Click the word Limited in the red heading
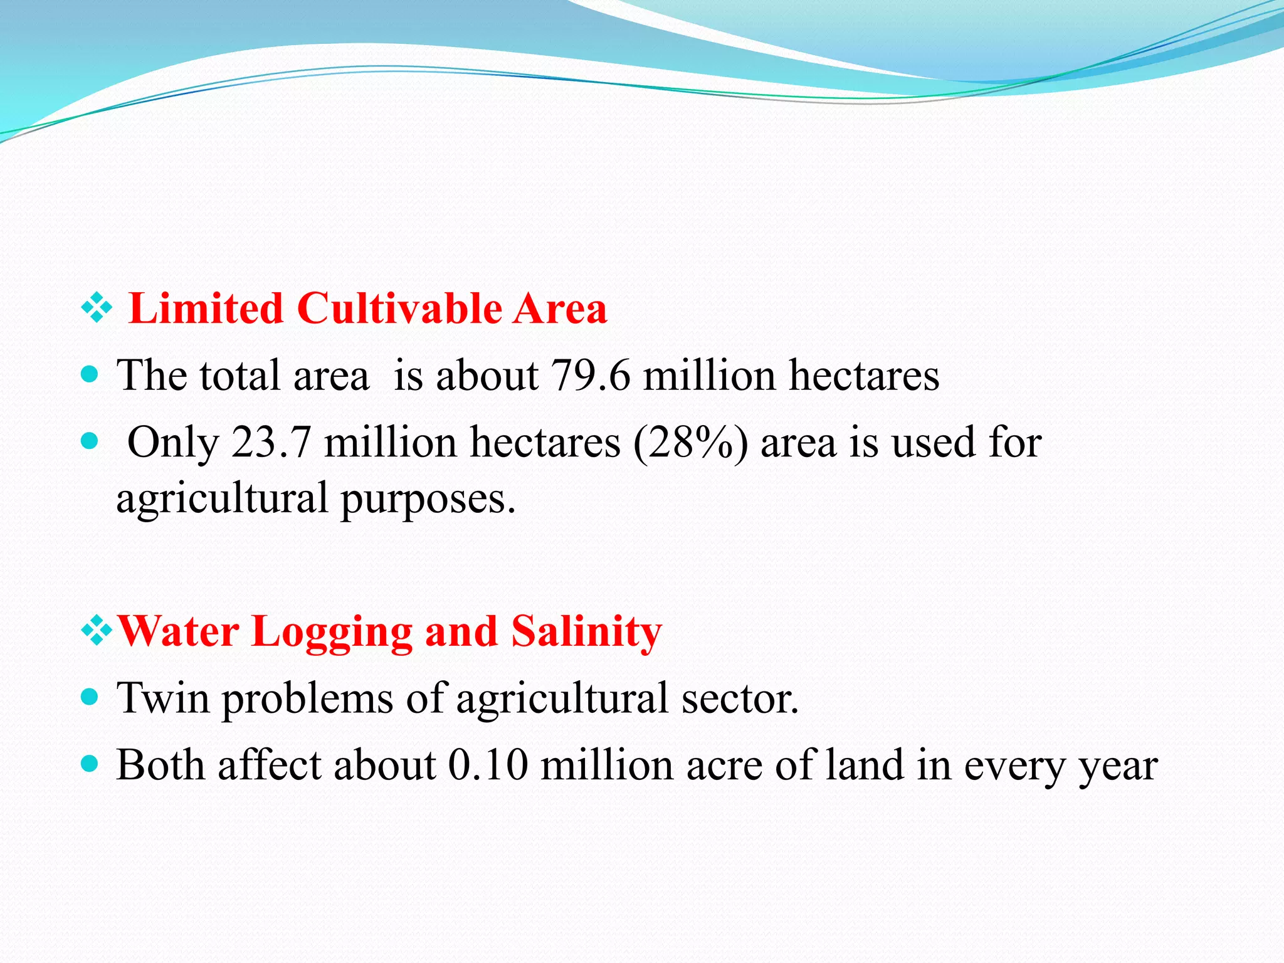(x=206, y=309)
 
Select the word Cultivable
(x=400, y=309)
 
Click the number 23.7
(x=271, y=443)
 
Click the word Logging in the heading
(x=332, y=631)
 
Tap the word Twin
(x=163, y=698)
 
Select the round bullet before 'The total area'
(x=91, y=375)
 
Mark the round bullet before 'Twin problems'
(x=91, y=697)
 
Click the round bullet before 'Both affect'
(x=91, y=764)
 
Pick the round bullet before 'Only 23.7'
(x=91, y=441)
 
